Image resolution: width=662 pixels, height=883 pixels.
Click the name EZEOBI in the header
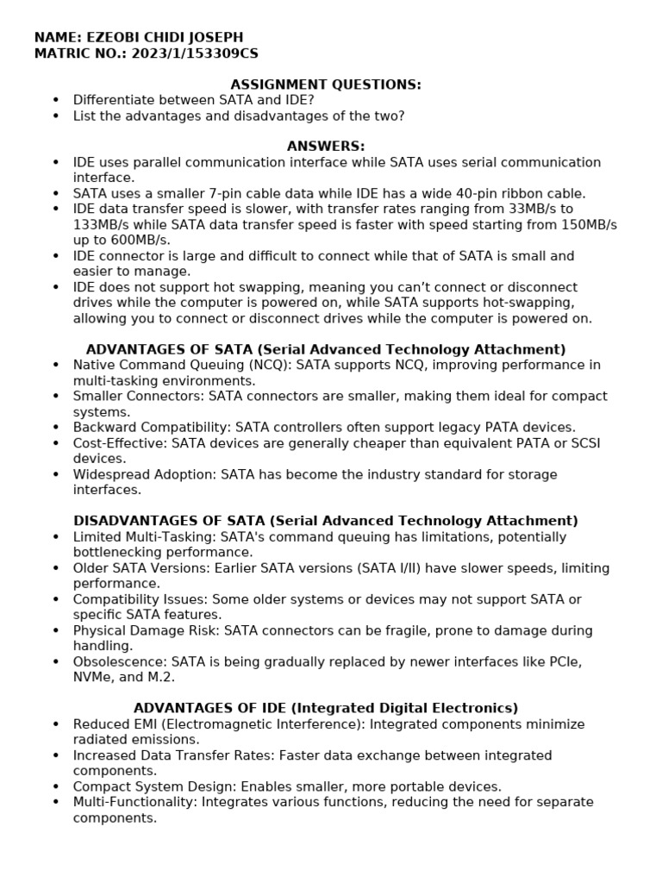(x=109, y=37)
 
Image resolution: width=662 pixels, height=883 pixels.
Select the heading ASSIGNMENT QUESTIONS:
(x=325, y=84)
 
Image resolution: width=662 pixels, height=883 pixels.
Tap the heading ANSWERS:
(x=325, y=147)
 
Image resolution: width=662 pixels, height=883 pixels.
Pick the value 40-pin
(x=464, y=193)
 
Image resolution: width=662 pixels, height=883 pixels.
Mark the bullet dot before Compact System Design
(x=56, y=787)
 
